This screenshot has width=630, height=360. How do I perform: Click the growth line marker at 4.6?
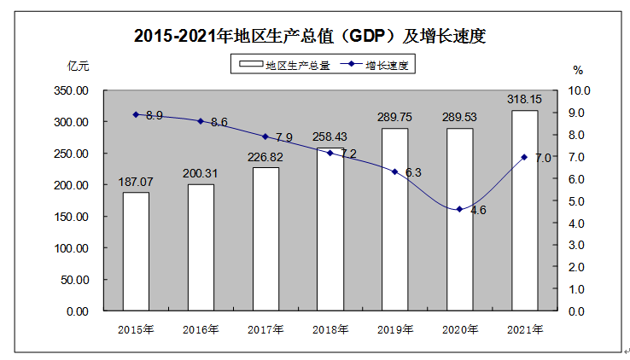[x=459, y=209]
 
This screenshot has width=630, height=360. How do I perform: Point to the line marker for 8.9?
[x=136, y=114]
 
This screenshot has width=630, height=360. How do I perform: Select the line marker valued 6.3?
[x=394, y=171]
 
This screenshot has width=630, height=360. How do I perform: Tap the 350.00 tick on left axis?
[x=71, y=90]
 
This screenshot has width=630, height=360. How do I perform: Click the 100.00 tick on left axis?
[x=71, y=248]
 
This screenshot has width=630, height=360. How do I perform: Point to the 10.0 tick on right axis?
[x=580, y=90]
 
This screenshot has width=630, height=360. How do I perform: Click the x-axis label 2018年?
[x=330, y=328]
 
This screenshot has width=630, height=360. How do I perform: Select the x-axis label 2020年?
[x=459, y=328]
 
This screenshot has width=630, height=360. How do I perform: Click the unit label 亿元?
[x=77, y=66]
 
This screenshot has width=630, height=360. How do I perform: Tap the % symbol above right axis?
[x=578, y=69]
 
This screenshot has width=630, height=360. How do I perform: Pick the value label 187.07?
[x=136, y=183]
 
